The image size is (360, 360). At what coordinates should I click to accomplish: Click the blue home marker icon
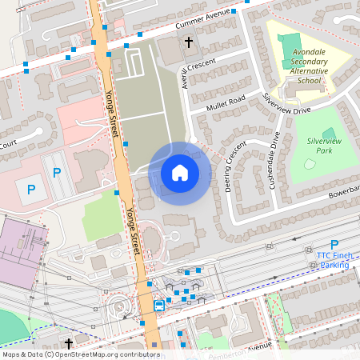tap(180, 173)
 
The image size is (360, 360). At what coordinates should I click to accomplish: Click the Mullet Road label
tap(225, 102)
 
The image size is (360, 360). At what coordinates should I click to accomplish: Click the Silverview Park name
tap(324, 145)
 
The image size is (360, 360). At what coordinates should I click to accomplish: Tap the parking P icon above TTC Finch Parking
tap(334, 245)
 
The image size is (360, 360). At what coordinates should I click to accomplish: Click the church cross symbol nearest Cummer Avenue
tap(189, 42)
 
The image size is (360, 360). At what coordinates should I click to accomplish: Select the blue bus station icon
tap(159, 305)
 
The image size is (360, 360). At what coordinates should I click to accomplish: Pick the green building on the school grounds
tap(289, 45)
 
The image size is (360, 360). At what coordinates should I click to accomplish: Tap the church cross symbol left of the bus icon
tap(70, 342)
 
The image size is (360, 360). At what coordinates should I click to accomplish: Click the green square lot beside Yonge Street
tap(101, 214)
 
